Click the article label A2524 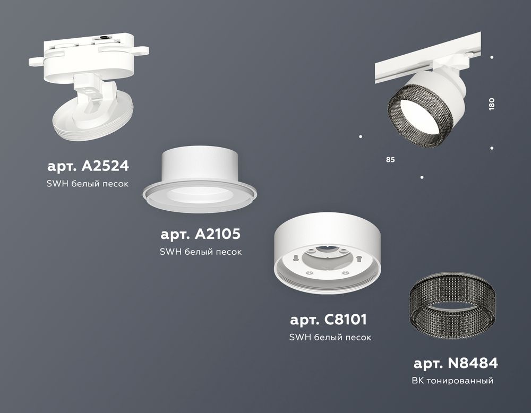click(x=88, y=166)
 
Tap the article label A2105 click(x=201, y=234)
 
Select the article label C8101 click(x=328, y=320)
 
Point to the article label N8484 click(x=455, y=364)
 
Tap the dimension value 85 click(x=391, y=159)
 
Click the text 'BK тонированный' click(x=452, y=381)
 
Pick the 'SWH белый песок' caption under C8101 click(x=330, y=337)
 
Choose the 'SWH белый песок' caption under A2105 click(x=201, y=252)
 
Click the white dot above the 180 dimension click(x=492, y=57)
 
